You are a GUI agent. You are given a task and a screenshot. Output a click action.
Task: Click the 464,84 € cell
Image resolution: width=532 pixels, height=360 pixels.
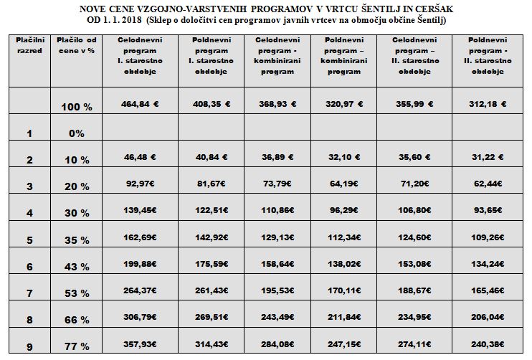(x=140, y=104)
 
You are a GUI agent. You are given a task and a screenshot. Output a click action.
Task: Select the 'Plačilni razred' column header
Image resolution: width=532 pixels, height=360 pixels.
(x=30, y=45)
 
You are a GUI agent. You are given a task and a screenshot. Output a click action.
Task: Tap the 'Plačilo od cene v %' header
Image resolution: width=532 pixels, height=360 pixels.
(x=77, y=45)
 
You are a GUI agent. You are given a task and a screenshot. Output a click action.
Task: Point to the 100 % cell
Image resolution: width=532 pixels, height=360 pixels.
(x=77, y=107)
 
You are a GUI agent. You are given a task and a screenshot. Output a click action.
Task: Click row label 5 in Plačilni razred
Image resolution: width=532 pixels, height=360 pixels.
(x=29, y=240)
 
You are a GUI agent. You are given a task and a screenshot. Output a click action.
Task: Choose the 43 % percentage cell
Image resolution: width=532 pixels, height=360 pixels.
(x=77, y=267)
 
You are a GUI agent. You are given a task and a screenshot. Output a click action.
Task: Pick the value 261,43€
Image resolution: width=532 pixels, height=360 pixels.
(x=212, y=290)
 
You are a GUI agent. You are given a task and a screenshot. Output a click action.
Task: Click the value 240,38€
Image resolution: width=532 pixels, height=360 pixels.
(x=488, y=344)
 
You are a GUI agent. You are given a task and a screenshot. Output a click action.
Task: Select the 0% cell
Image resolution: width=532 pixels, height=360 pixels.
(x=77, y=133)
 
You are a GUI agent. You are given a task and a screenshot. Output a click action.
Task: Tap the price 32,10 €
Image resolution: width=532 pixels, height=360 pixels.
(x=344, y=157)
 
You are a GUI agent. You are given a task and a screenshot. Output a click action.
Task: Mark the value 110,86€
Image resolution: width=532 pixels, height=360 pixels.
(x=277, y=210)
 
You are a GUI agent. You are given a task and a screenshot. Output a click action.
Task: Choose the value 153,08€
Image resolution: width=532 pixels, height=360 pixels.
(x=414, y=264)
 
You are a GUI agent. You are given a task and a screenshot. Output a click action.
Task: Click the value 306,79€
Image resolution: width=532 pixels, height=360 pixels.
(x=140, y=317)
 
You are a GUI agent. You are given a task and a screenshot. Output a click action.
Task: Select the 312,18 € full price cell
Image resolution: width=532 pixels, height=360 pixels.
(x=488, y=104)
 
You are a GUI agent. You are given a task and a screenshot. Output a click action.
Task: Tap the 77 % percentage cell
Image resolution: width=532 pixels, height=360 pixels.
(x=77, y=346)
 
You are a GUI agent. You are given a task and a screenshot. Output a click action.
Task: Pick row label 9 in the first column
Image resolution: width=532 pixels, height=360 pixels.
(x=29, y=347)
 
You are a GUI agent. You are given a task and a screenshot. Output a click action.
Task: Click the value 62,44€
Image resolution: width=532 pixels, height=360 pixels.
(x=488, y=184)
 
